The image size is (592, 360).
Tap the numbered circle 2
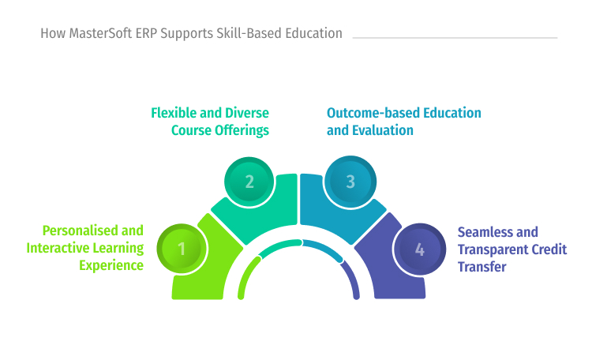pos(249,182)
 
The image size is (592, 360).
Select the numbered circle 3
pos(350,182)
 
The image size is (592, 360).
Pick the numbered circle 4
pos(419,249)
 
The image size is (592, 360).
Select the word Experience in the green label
pos(111,266)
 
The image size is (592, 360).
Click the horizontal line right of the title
pos(455,37)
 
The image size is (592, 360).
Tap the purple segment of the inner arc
pos(352,280)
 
